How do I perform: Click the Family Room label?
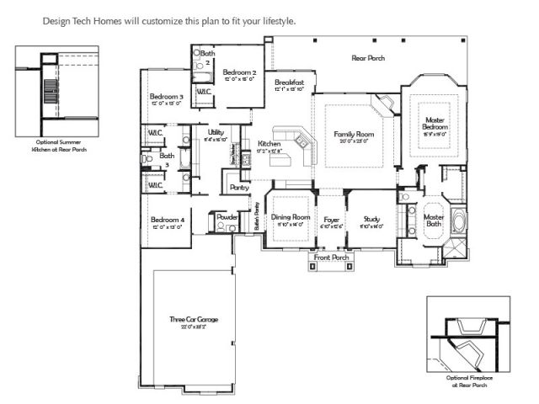click(354, 135)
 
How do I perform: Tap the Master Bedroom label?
click(435, 124)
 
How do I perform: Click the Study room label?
click(371, 220)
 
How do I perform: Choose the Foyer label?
click(331, 220)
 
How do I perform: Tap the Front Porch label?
click(331, 257)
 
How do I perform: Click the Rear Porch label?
click(368, 57)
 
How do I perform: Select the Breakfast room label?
click(289, 82)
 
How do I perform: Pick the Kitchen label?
click(269, 144)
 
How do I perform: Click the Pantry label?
click(239, 187)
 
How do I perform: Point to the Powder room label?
click(227, 217)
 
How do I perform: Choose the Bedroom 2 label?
click(239, 73)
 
